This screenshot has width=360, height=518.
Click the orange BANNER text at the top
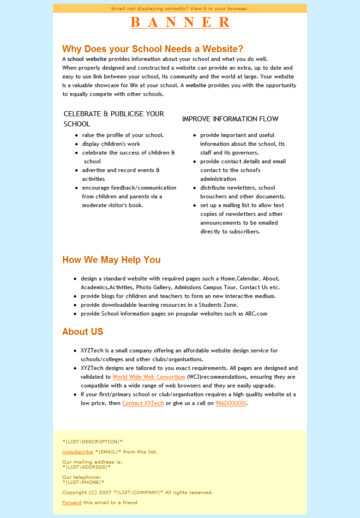(x=180, y=22)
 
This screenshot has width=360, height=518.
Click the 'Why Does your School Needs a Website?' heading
(x=152, y=49)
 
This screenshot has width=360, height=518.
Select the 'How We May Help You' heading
(x=111, y=260)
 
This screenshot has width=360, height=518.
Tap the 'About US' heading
(x=83, y=332)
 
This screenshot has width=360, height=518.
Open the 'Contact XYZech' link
(x=143, y=403)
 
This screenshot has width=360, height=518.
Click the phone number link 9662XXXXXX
(x=231, y=403)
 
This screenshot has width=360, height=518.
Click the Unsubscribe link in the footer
(x=78, y=452)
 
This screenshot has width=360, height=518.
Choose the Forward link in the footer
(x=72, y=502)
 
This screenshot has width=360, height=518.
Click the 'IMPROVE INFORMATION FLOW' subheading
(x=230, y=119)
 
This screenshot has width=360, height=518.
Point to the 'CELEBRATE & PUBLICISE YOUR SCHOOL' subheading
(x=114, y=119)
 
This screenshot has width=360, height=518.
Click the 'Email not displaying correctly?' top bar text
(x=180, y=8)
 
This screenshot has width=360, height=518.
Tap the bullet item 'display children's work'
(x=111, y=144)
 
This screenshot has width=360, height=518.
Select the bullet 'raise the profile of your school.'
(x=123, y=135)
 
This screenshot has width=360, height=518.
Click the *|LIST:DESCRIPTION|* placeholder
(x=92, y=441)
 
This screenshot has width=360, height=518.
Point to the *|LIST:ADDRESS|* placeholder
(x=86, y=467)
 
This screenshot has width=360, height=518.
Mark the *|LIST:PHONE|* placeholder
(x=83, y=482)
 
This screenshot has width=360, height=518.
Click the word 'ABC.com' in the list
(x=256, y=314)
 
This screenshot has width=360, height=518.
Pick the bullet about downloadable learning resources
(x=159, y=305)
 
